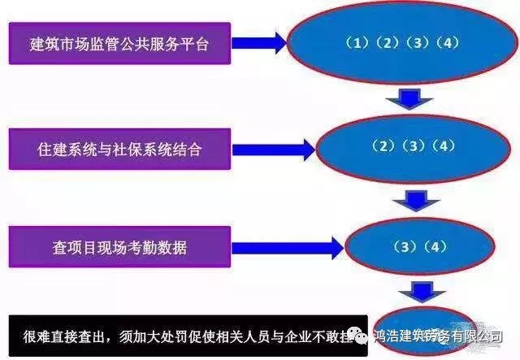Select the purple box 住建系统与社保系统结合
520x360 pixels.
(119, 150)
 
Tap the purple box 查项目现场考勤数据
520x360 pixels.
(119, 247)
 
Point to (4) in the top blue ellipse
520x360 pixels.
(447, 43)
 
